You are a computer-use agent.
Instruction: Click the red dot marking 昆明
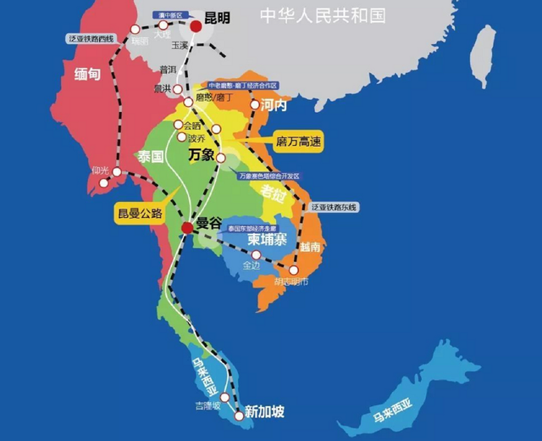196,25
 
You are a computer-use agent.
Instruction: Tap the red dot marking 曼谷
186,227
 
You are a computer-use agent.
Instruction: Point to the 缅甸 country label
87,74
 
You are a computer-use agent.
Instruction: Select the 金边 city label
252,265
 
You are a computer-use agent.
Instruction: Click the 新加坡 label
264,412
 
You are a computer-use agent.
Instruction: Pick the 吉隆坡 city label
207,405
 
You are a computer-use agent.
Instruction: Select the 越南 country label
310,247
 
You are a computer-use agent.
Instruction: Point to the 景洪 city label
163,87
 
